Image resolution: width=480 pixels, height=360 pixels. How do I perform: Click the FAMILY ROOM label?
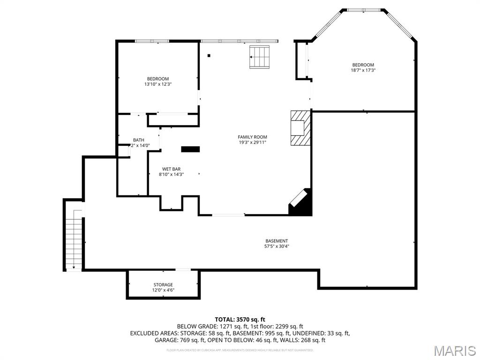click(252, 137)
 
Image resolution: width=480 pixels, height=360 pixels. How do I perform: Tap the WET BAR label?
click(171, 169)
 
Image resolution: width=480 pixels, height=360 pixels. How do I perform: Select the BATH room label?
click(139, 140)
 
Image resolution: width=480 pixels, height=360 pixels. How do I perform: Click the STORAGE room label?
click(163, 285)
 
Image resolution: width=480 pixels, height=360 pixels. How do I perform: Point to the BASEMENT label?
click(277, 241)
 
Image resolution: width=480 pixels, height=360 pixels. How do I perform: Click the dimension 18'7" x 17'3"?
click(363, 70)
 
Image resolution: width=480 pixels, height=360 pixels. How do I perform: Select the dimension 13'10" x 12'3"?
click(157, 84)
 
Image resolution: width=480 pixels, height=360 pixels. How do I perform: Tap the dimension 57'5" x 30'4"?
click(277, 247)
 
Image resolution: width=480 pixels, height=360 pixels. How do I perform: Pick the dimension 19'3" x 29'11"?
click(252, 142)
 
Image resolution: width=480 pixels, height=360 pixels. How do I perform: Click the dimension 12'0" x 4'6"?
click(163, 290)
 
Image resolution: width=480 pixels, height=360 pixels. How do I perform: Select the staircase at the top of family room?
click(260, 57)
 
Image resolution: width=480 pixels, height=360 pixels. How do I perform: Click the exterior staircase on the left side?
click(74, 239)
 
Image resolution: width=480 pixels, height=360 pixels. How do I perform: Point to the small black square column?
click(209, 56)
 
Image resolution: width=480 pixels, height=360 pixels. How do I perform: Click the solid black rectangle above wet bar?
click(190, 149)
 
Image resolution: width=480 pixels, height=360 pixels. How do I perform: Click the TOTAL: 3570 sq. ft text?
click(240, 319)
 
